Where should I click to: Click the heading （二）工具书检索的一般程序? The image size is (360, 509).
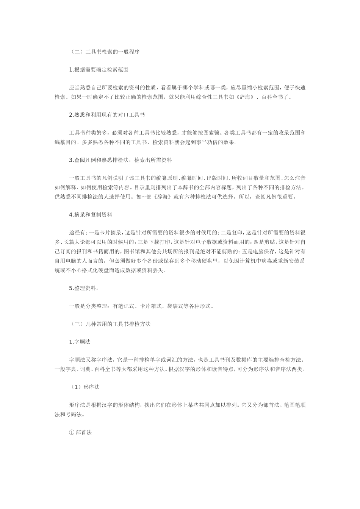coord(105,52)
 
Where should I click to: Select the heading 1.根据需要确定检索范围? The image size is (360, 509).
coord(99,70)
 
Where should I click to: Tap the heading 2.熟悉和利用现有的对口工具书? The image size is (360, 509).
coord(107,115)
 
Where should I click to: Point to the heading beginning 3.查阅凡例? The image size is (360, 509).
coord(121,160)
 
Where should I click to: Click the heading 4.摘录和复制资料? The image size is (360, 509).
coord(91,215)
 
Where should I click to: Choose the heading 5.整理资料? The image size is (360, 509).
coord(84,288)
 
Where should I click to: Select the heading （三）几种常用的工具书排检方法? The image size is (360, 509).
coord(110,324)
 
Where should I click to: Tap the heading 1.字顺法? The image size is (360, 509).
coord(80,342)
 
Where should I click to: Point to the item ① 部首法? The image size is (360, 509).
coord(80,432)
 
